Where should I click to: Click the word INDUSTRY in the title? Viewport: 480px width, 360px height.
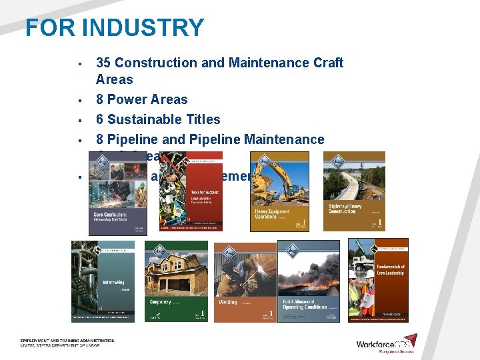pyautogui.click(x=143, y=28)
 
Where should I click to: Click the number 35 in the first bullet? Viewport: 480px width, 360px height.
pyautogui.click(x=103, y=63)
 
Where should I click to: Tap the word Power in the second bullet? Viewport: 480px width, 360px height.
pyautogui.click(x=127, y=99)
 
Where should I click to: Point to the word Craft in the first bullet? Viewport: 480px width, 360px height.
pyautogui.click(x=326, y=63)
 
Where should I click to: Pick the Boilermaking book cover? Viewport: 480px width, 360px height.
pyautogui.click(x=103, y=281)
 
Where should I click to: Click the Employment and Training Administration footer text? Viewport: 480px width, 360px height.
pyautogui.click(x=67, y=341)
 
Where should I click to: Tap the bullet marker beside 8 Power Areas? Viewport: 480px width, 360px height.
pyautogui.click(x=79, y=101)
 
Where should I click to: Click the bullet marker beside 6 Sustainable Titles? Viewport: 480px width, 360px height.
pyautogui.click(x=79, y=121)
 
